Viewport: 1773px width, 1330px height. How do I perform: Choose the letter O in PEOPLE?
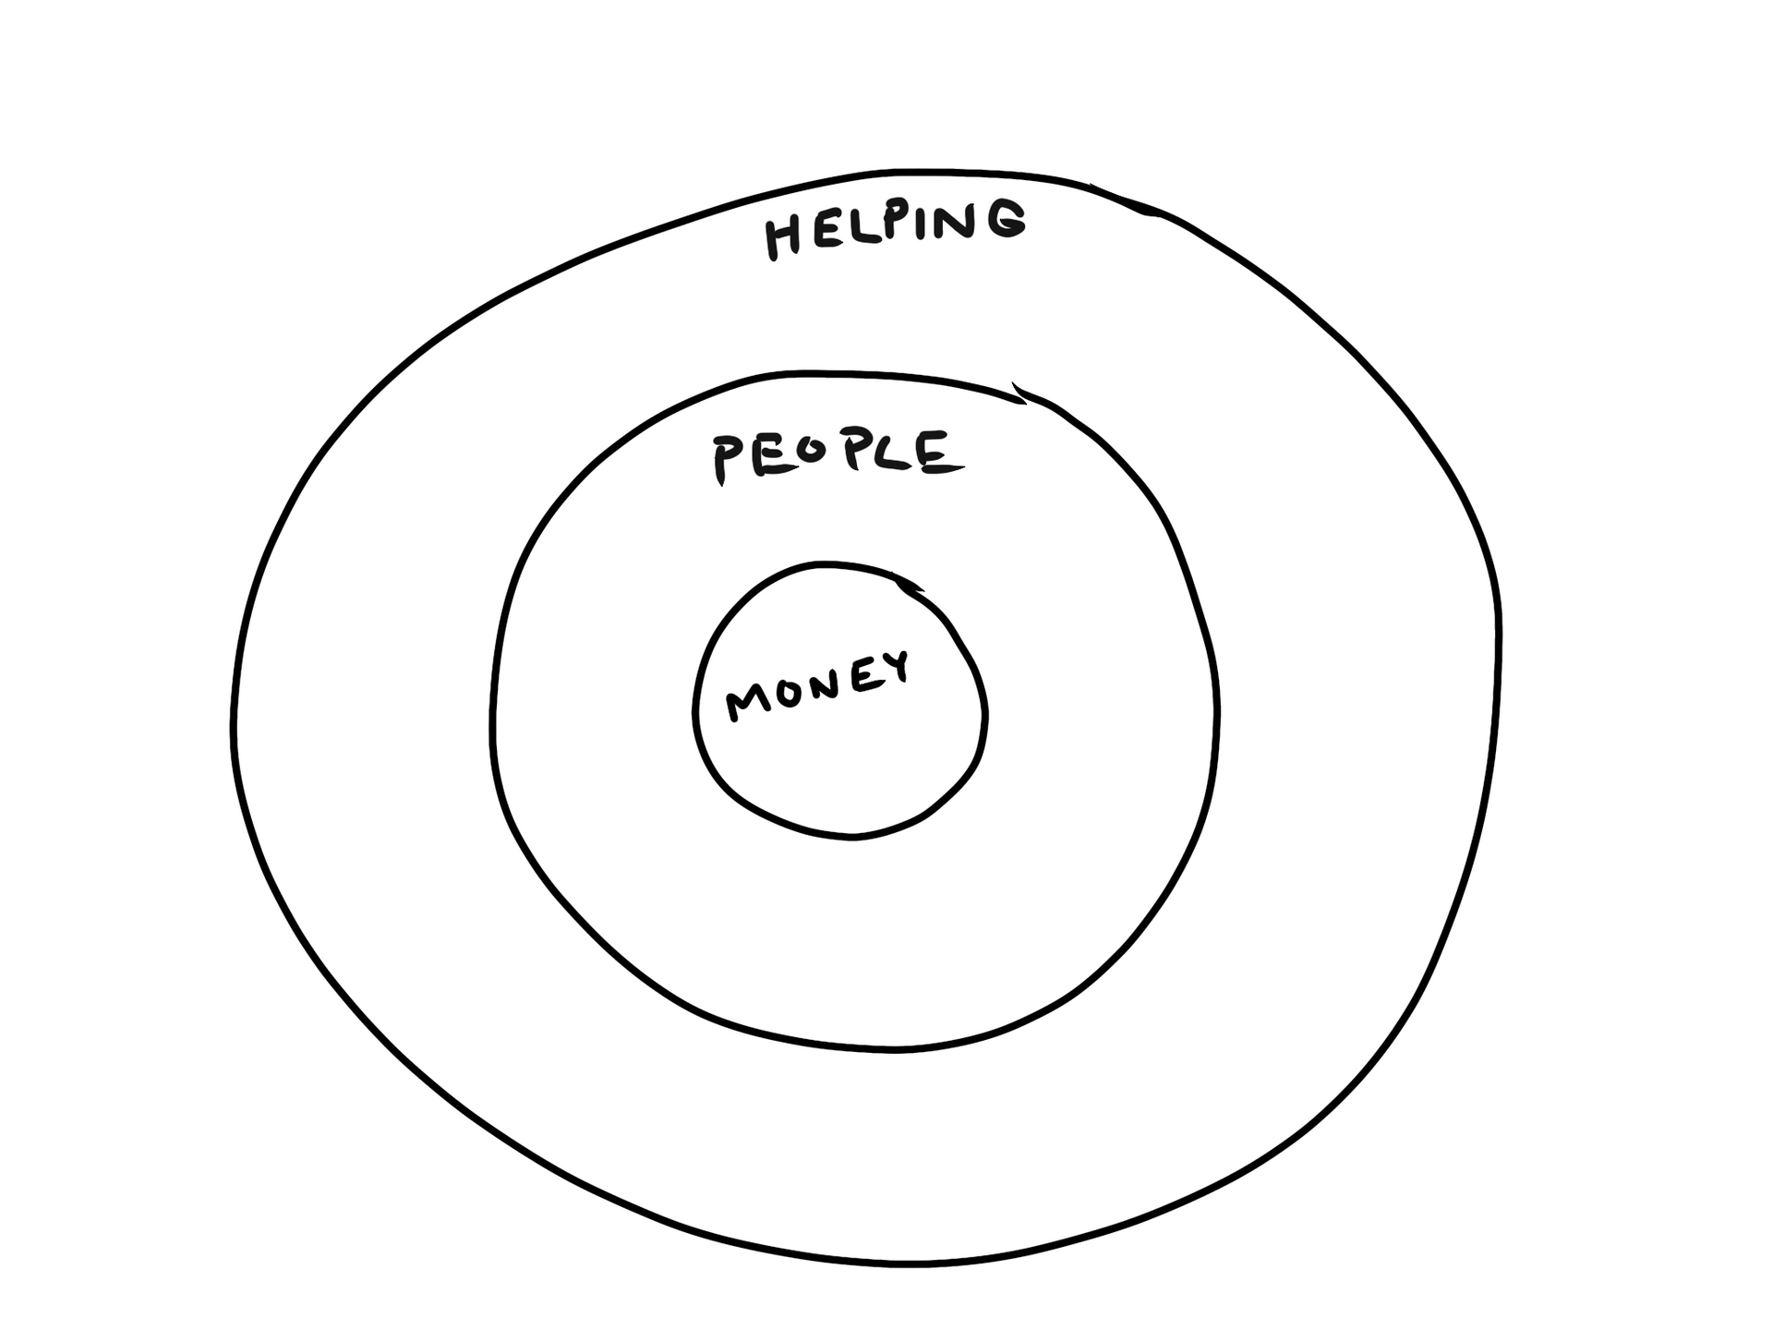pyautogui.click(x=809, y=454)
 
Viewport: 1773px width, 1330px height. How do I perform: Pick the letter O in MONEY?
pyautogui.click(x=791, y=694)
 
